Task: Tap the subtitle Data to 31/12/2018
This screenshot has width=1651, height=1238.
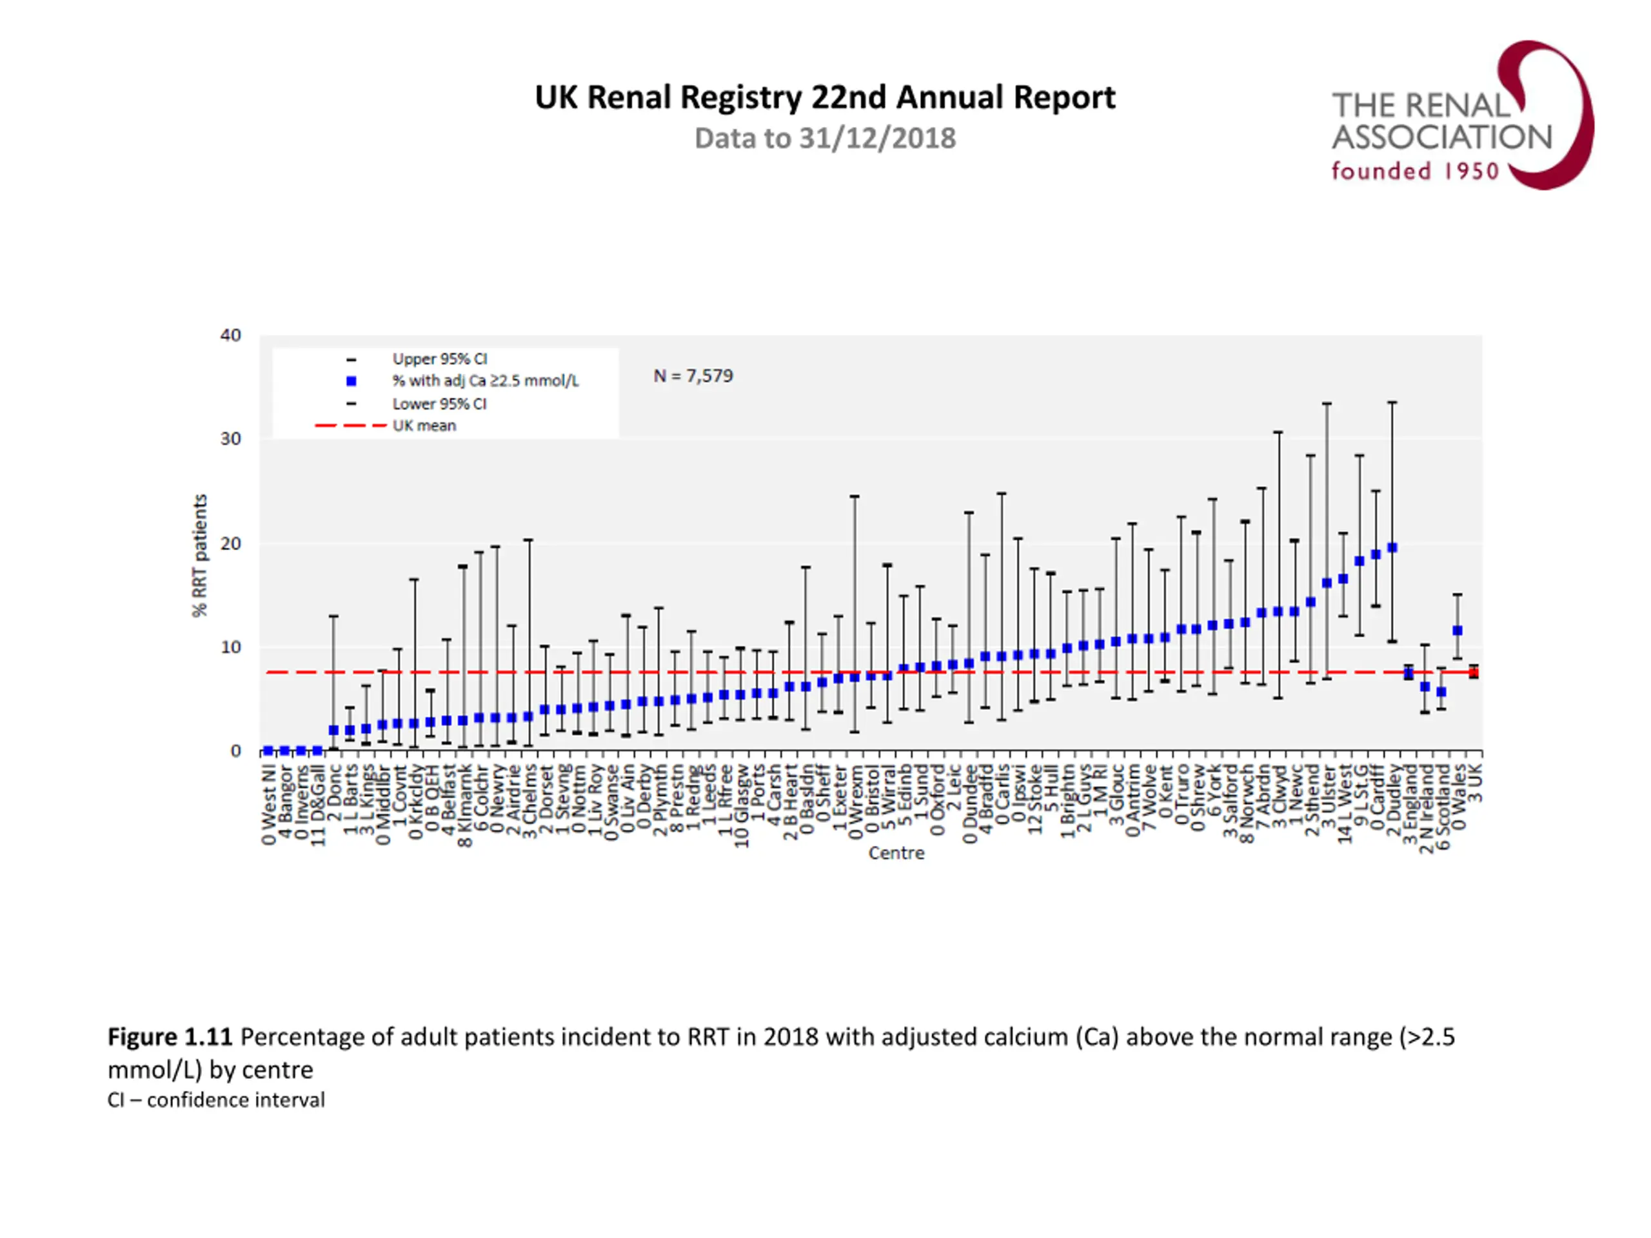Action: (x=825, y=139)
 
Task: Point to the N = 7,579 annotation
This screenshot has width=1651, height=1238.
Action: (x=693, y=376)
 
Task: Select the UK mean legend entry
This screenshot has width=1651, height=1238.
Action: (x=424, y=426)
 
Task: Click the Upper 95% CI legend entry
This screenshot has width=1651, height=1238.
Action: (x=440, y=359)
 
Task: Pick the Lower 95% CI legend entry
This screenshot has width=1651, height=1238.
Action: (x=440, y=404)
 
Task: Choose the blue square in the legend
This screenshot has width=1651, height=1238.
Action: (x=351, y=381)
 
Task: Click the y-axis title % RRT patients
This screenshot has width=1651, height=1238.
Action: (x=199, y=556)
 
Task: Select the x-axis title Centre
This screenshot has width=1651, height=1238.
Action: (x=896, y=853)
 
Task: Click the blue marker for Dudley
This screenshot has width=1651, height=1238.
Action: (x=1392, y=547)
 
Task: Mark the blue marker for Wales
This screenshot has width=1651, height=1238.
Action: (x=1457, y=631)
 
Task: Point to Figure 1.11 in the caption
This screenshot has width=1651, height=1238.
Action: (x=170, y=1037)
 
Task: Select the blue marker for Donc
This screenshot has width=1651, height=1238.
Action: (x=333, y=730)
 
